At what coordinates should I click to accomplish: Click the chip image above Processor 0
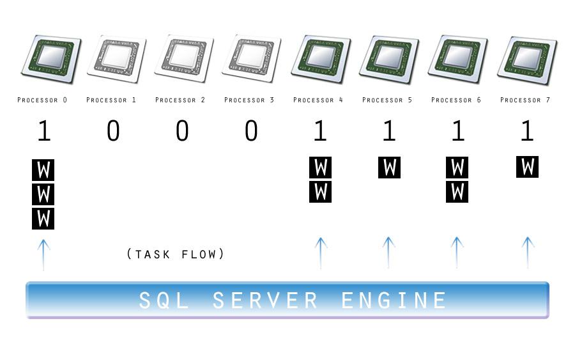[51, 59]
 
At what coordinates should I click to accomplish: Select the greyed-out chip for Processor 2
[183, 58]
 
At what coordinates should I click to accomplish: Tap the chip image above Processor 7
[527, 60]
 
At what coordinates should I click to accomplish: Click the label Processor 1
[111, 100]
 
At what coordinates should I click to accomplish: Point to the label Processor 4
[318, 100]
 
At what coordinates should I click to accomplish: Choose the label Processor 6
[456, 100]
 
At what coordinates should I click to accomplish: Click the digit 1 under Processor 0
[43, 131]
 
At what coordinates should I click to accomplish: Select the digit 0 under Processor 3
[251, 131]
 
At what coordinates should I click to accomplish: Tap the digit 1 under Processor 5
[388, 131]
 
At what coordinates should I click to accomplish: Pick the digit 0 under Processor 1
[113, 131]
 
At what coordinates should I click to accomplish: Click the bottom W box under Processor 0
[43, 218]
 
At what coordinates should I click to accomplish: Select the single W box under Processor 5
[389, 168]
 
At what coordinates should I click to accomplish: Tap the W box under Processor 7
[527, 167]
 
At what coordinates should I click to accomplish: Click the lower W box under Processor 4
[320, 191]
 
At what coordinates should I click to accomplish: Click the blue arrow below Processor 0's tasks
[43, 254]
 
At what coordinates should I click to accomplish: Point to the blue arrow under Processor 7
[528, 252]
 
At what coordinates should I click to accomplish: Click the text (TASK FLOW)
[176, 254]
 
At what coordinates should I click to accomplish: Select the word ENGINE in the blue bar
[394, 300]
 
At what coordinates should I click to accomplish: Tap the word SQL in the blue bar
[164, 300]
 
